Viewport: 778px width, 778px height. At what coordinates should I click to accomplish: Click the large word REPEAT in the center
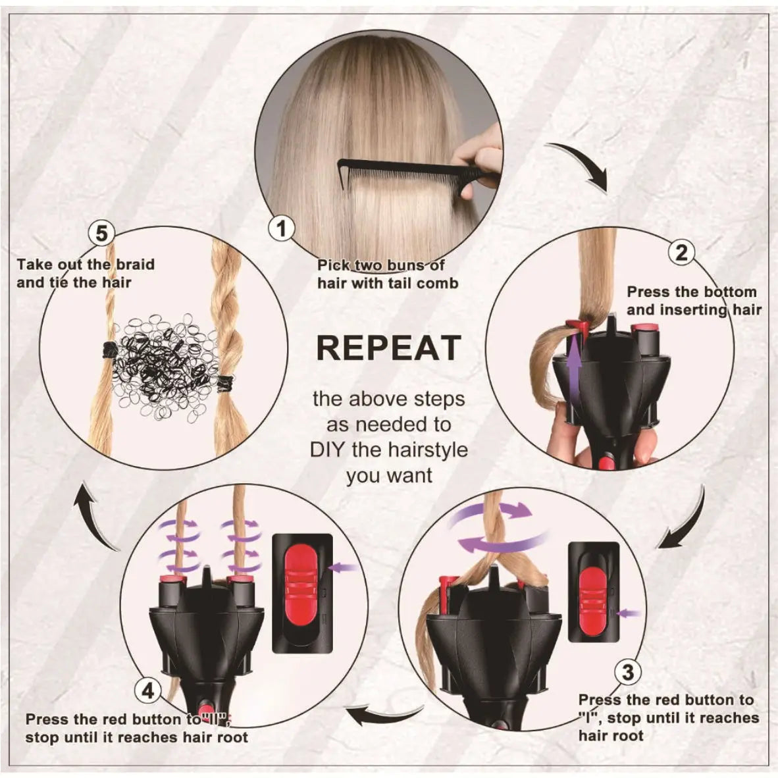pyautogui.click(x=388, y=348)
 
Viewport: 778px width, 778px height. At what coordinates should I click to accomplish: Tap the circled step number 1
pyautogui.click(x=282, y=229)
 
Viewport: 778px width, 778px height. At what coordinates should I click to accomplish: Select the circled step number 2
pyautogui.click(x=681, y=251)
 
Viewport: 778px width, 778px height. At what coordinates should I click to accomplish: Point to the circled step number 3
pyautogui.click(x=628, y=672)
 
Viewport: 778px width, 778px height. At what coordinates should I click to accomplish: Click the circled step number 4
pyautogui.click(x=148, y=690)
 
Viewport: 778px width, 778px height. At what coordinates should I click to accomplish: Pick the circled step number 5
pyautogui.click(x=101, y=233)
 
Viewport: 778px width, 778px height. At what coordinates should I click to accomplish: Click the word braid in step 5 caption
pyautogui.click(x=134, y=265)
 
